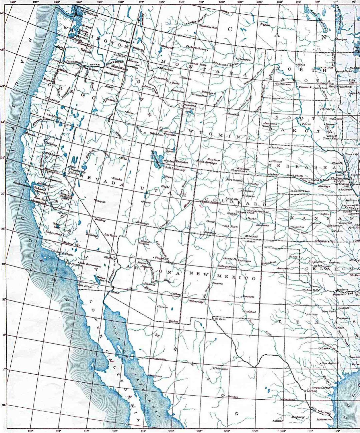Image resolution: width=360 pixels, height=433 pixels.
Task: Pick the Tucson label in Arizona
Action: click(x=162, y=307)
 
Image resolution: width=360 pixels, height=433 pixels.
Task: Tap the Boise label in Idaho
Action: click(x=130, y=113)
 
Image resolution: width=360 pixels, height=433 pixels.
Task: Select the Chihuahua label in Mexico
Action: click(x=221, y=369)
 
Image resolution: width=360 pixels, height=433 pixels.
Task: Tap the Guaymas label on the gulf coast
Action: click(x=155, y=376)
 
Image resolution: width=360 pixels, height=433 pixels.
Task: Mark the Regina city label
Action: click(x=265, y=25)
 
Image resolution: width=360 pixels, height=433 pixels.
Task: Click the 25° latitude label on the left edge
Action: click(x=4, y=405)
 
